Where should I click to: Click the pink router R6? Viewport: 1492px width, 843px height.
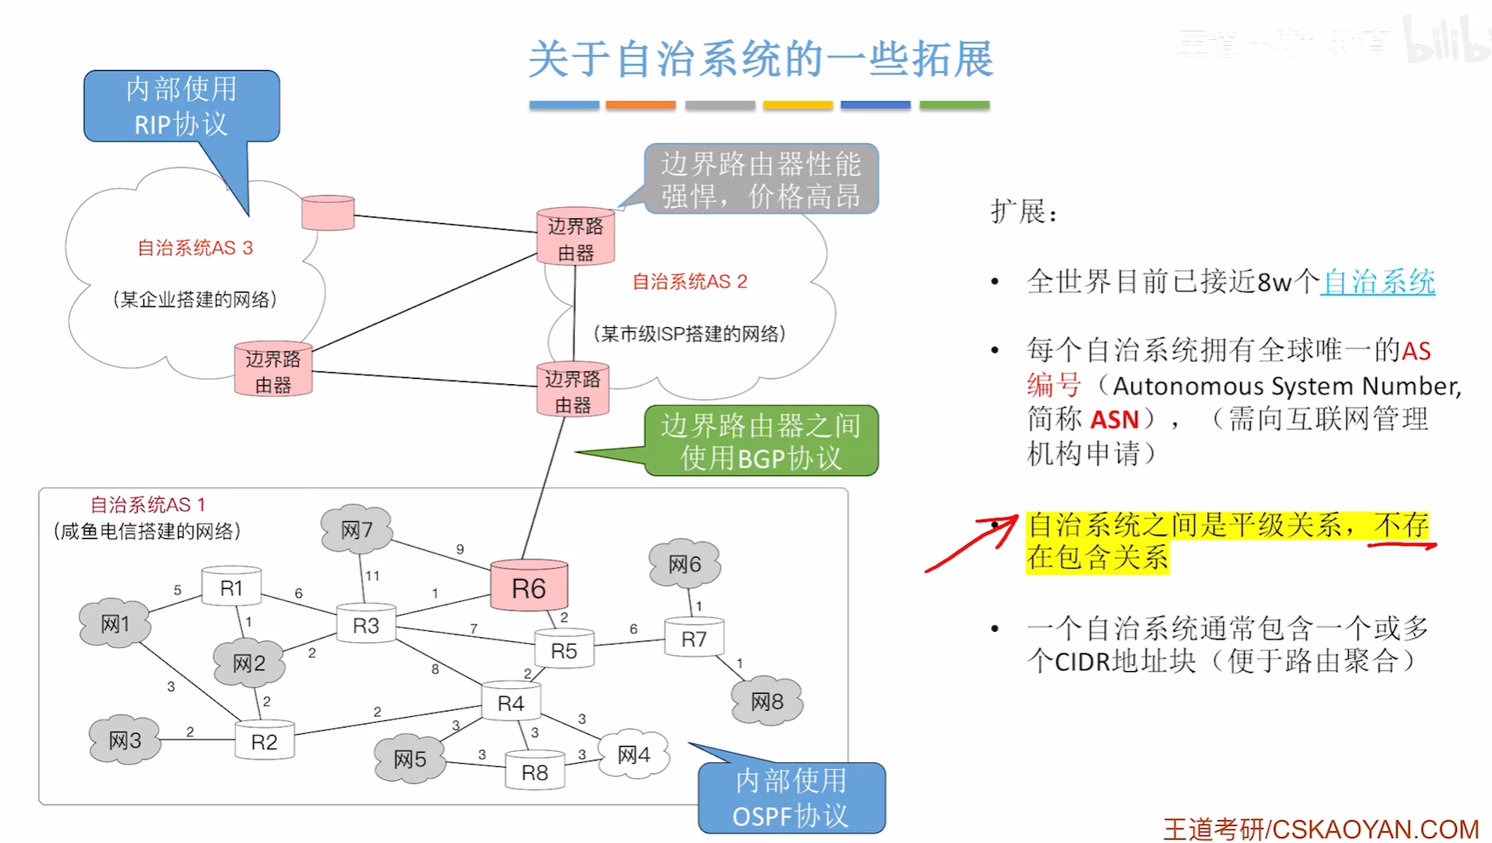(x=529, y=587)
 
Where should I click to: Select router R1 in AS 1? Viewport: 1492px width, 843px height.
(x=231, y=587)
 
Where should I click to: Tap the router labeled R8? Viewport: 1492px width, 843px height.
(x=535, y=771)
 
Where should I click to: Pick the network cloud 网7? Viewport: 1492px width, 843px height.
(x=357, y=530)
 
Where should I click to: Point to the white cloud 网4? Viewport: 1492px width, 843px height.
(x=634, y=754)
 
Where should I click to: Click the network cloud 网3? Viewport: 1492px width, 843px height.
(x=124, y=740)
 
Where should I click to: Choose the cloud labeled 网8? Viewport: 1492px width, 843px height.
(x=766, y=701)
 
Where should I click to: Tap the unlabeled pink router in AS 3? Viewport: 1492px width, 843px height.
(x=328, y=212)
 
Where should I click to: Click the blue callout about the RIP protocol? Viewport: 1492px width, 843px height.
(x=181, y=106)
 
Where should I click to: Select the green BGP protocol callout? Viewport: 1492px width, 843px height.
(x=760, y=441)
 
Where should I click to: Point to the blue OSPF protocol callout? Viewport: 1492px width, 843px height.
(x=791, y=798)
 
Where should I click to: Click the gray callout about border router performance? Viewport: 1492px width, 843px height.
(x=760, y=179)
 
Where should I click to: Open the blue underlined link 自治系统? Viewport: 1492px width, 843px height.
(x=1378, y=282)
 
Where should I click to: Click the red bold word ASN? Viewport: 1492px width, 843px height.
(x=1115, y=420)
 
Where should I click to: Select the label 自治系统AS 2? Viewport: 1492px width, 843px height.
(x=689, y=282)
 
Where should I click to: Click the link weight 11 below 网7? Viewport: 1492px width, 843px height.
(x=372, y=576)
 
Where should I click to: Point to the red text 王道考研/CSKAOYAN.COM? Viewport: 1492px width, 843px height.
(x=1320, y=829)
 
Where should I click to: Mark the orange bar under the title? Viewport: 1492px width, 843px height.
(x=640, y=105)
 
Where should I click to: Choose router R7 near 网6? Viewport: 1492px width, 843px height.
(x=694, y=638)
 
